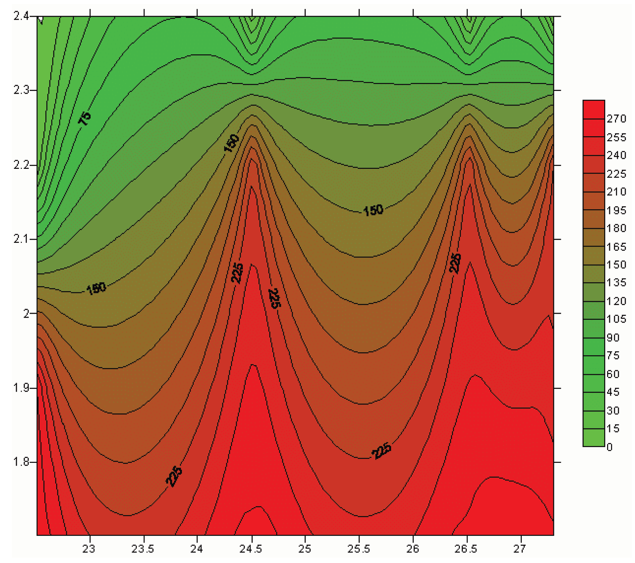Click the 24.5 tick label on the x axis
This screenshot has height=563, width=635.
tap(251, 549)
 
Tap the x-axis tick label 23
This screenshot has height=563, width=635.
tap(89, 549)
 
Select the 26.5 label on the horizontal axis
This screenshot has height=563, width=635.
tap(466, 549)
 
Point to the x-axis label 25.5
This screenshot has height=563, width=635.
tap(359, 549)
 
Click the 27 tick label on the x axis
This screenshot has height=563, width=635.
tap(520, 549)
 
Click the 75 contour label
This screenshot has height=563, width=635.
tap(85, 118)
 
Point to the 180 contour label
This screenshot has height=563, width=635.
tap(96, 288)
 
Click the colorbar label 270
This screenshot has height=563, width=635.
tap(616, 119)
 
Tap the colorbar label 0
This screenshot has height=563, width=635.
tap(610, 447)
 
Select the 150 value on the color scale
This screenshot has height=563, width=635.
tap(616, 265)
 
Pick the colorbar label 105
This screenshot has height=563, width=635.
tap(616, 319)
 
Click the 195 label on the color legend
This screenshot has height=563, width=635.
tap(616, 210)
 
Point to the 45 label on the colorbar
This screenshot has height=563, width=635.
tap(613, 392)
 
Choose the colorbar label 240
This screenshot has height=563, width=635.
tap(616, 155)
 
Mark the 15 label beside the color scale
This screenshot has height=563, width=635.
tap(613, 429)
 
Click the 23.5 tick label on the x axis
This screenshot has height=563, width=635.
tap(143, 549)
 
